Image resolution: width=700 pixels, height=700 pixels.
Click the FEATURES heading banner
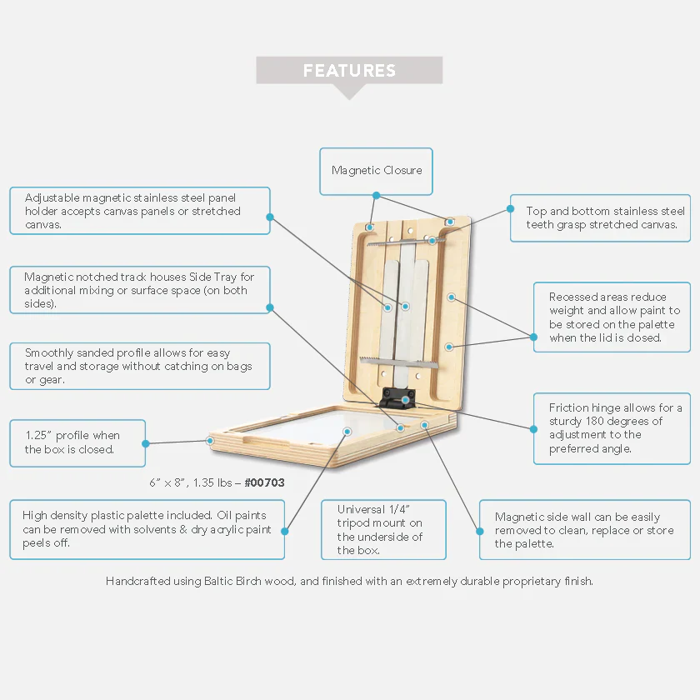(349, 71)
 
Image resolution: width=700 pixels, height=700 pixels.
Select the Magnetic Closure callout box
(377, 170)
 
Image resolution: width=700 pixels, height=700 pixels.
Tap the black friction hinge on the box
(397, 397)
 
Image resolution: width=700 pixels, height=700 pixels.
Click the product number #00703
(264, 482)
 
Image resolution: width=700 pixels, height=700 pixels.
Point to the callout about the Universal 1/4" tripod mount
(382, 529)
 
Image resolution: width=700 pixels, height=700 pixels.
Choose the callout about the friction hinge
(611, 428)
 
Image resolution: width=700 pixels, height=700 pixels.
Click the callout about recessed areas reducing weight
(611, 317)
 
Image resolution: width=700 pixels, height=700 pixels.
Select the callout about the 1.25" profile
(77, 442)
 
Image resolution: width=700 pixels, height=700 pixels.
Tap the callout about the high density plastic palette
(147, 529)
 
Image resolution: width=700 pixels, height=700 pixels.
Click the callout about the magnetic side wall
(584, 529)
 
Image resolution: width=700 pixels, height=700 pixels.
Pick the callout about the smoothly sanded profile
(139, 366)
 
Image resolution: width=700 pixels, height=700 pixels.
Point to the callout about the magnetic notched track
(139, 290)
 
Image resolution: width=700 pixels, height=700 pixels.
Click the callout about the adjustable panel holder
(139, 211)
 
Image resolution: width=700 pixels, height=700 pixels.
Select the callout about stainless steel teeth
(599, 217)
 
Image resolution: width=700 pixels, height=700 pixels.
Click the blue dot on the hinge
(406, 400)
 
